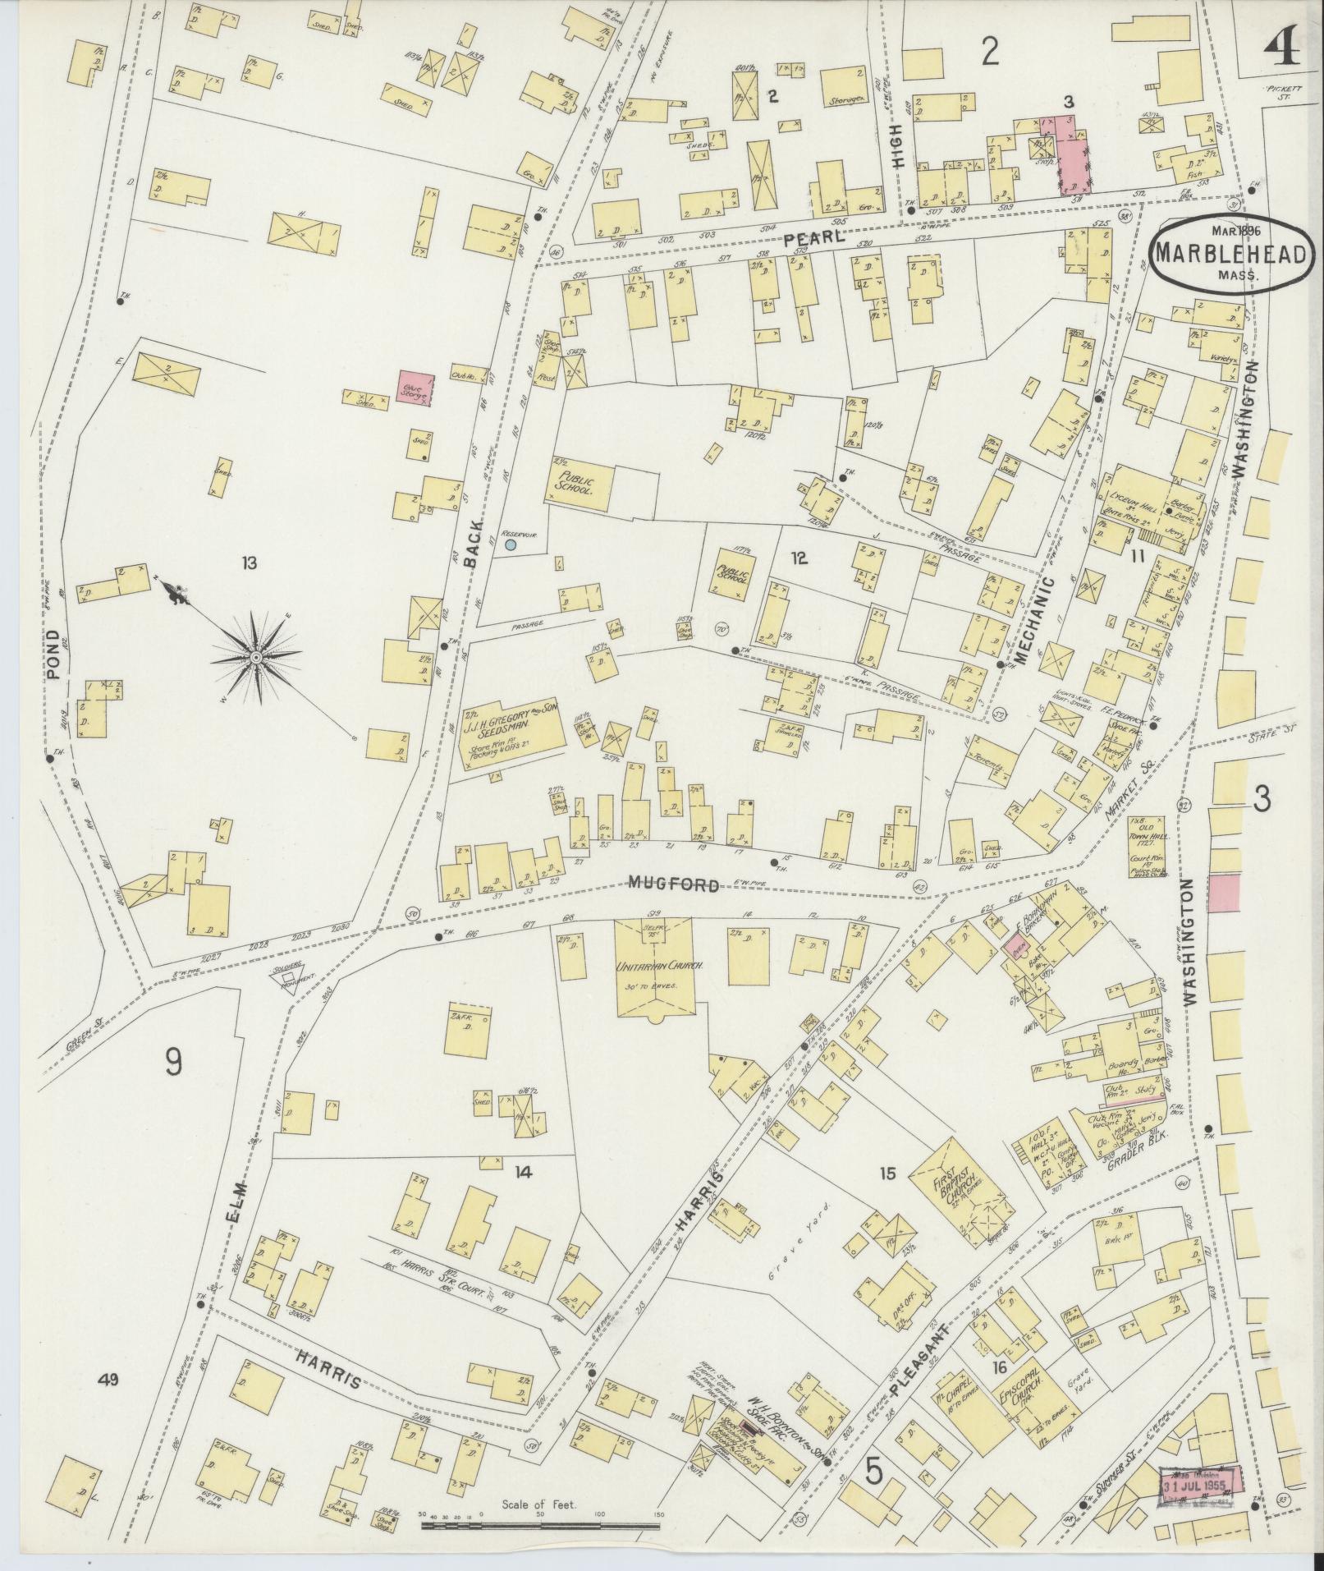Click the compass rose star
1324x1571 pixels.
(x=256, y=658)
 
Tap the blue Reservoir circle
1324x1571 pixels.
(x=511, y=544)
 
